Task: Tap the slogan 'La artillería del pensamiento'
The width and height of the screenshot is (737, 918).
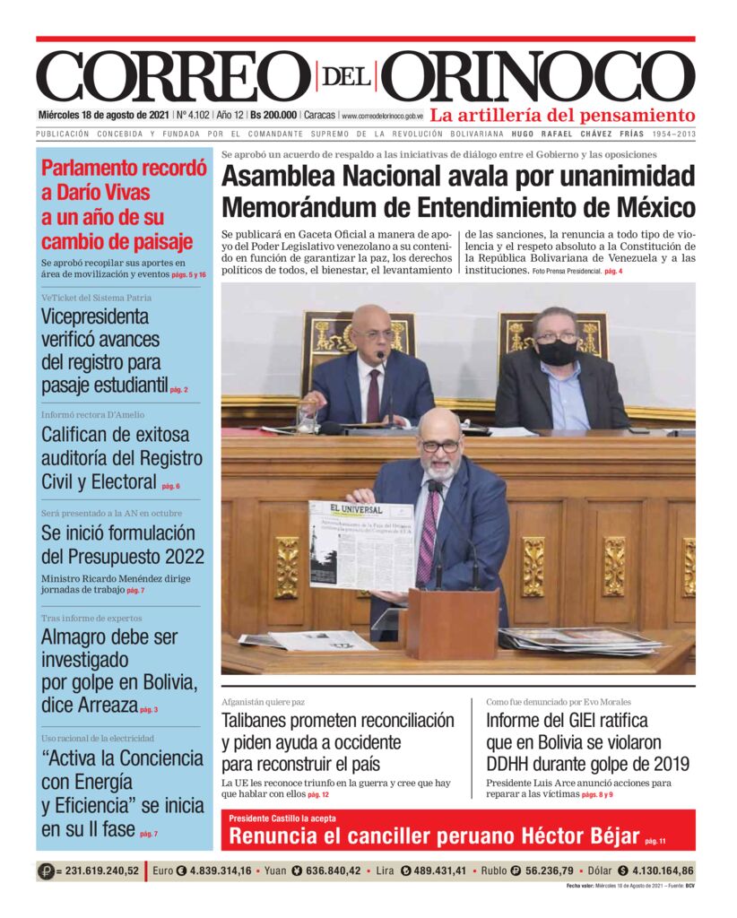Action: coord(562,116)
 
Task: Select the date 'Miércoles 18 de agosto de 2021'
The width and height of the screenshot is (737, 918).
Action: coord(104,116)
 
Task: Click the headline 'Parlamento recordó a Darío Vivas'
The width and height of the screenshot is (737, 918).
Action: coord(117,204)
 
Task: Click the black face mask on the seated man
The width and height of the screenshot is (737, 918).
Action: coord(557,351)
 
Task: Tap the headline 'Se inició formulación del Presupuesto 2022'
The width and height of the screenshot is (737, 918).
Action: coord(123,543)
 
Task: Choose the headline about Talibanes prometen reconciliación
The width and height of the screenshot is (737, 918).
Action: coord(338,741)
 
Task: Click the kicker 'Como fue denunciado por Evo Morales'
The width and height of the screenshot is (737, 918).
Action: coord(559,701)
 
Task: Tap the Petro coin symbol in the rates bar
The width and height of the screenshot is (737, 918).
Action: coord(46,870)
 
